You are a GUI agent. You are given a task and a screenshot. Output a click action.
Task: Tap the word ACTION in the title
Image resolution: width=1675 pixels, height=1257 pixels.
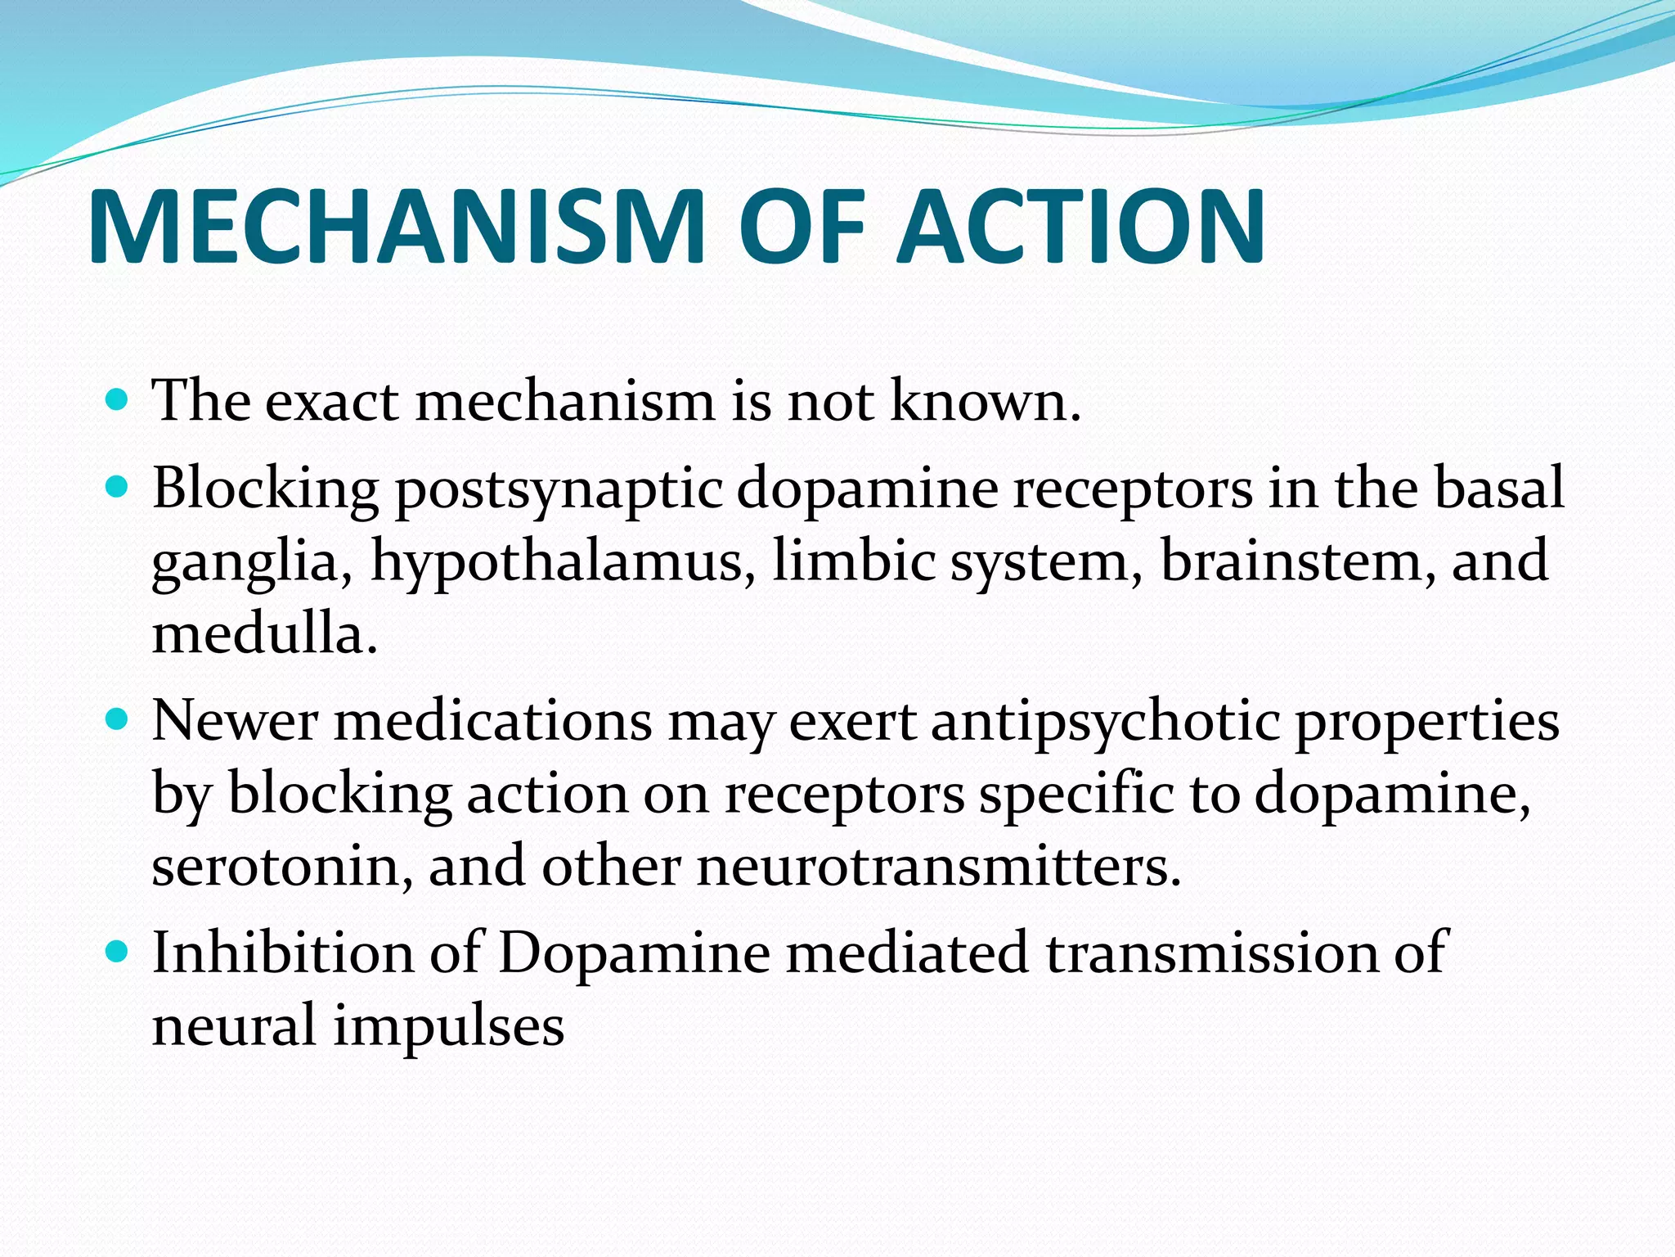(x=1081, y=227)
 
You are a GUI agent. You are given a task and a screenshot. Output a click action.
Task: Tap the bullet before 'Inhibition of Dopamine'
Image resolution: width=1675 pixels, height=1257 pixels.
(x=118, y=951)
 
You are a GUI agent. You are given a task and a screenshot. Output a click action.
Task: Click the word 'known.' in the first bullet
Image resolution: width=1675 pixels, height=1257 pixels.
(x=986, y=401)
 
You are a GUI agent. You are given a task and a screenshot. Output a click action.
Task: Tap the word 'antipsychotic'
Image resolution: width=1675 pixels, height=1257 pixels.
(x=1105, y=722)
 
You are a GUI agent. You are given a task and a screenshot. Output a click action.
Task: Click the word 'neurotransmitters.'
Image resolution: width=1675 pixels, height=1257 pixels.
(x=939, y=866)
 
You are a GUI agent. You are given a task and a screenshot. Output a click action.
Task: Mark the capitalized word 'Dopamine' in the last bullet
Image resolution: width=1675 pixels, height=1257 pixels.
(x=634, y=953)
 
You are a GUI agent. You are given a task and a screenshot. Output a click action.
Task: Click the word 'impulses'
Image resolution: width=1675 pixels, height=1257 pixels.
(x=448, y=1026)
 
